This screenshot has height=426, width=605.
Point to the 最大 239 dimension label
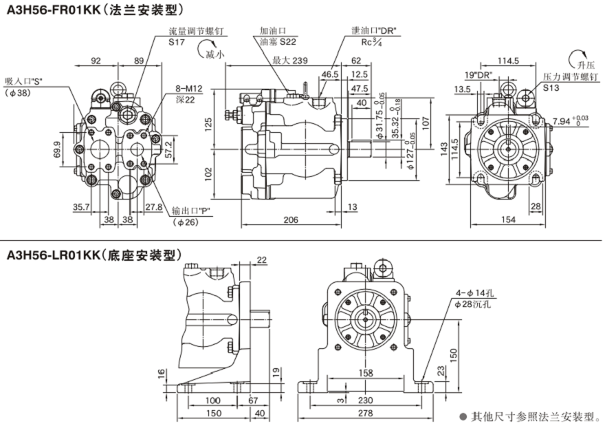289,61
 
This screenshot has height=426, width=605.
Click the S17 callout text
177,42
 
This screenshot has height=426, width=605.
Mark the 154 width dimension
508,220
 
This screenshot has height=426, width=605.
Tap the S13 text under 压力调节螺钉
551,87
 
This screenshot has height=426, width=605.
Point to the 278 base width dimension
365,413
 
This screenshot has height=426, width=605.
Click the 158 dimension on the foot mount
366,373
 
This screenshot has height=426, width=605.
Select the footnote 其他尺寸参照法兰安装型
534,416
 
